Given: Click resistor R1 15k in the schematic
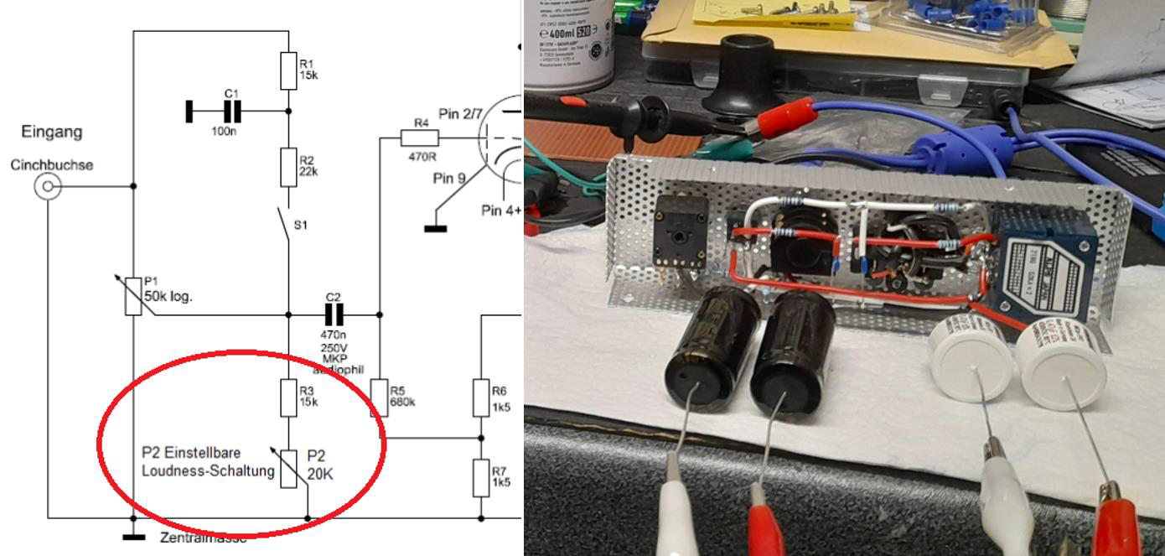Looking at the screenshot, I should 288,70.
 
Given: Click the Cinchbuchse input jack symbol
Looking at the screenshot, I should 48,186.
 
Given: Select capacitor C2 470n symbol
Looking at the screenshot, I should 334,314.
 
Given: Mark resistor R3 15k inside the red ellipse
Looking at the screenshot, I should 288,398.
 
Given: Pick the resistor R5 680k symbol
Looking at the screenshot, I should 379,398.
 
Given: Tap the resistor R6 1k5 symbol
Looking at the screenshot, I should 481,398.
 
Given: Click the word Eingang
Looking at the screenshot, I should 52,132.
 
